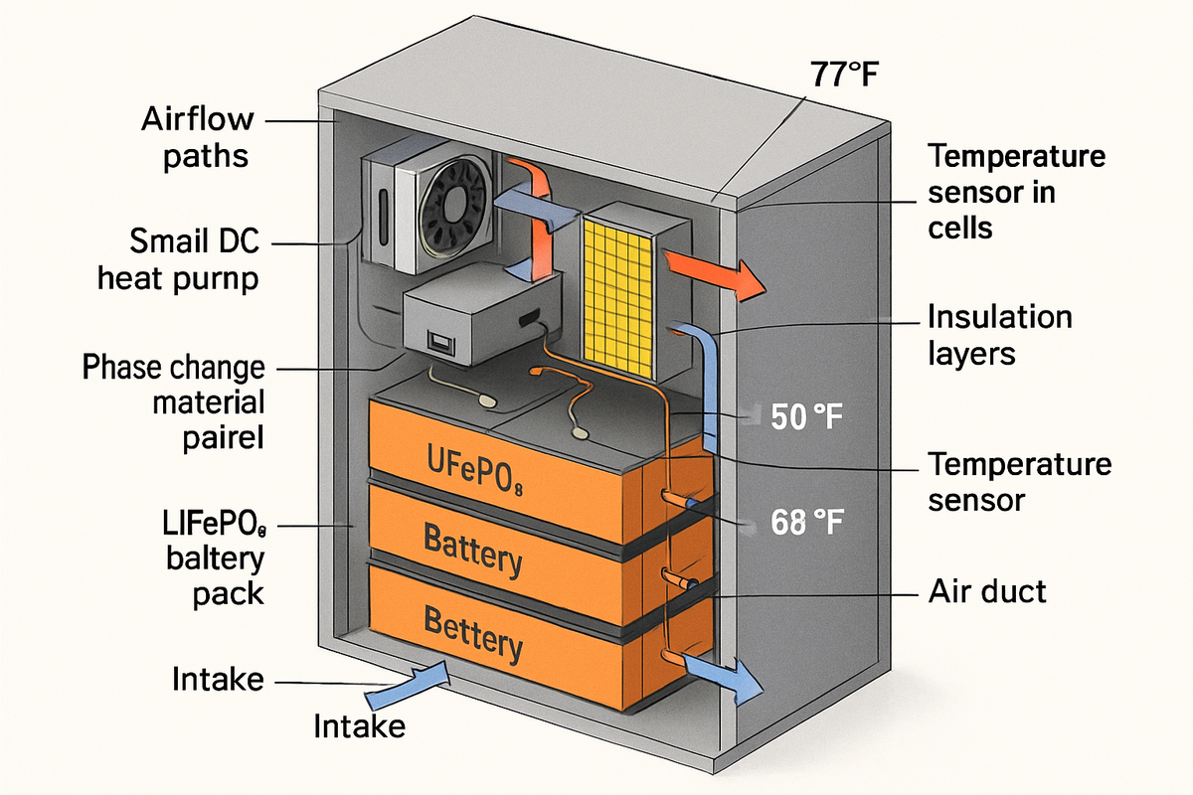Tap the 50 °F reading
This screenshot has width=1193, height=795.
pos(806,417)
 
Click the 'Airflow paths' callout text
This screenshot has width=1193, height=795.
pos(197,139)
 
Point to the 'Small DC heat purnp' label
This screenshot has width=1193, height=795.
pos(178,259)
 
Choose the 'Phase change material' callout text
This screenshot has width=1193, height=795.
pos(174,402)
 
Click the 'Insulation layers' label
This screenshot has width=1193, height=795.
pos(999,335)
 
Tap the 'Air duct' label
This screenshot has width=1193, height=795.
pos(987,592)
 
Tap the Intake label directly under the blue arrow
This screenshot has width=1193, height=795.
pos(359,726)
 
